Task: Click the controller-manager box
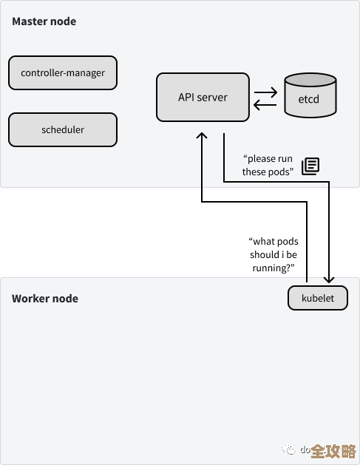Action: (x=63, y=72)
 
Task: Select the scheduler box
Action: (x=63, y=129)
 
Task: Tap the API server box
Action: (x=203, y=97)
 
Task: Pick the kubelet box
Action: (x=317, y=298)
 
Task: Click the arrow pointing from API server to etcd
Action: (x=265, y=92)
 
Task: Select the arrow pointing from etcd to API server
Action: (x=265, y=105)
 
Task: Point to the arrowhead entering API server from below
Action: (x=201, y=138)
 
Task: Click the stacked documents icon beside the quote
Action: (x=310, y=166)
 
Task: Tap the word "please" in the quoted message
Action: (x=260, y=159)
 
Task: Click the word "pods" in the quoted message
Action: (x=281, y=172)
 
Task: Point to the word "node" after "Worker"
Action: (x=66, y=299)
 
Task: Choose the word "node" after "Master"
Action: (x=64, y=21)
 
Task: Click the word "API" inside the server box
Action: (x=187, y=97)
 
